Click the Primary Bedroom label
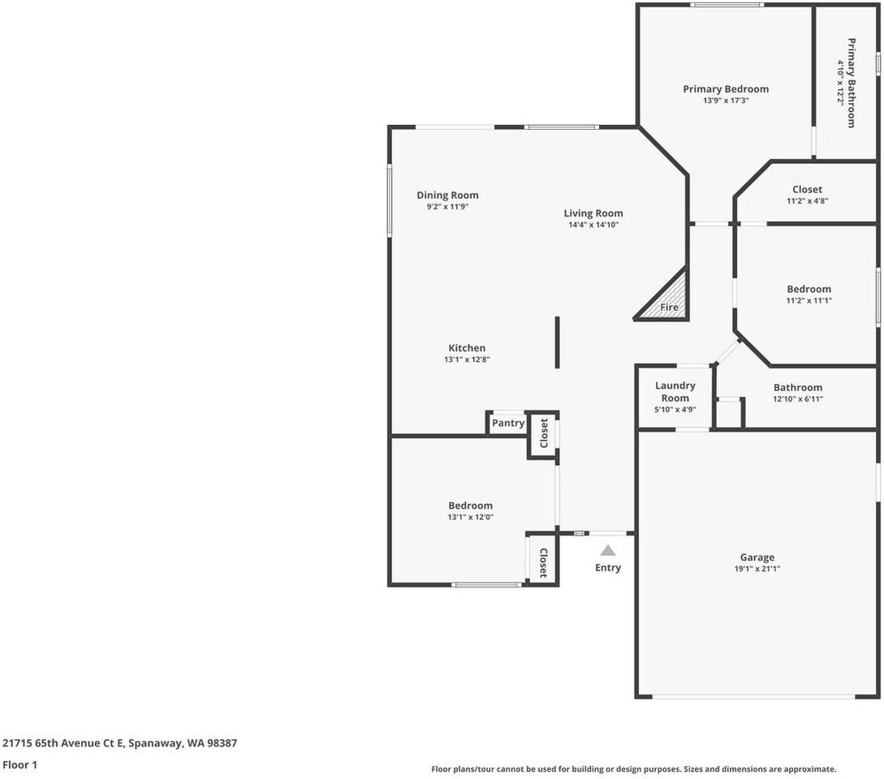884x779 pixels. point(725,89)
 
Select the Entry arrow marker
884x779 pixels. point(608,550)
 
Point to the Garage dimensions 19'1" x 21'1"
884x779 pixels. point(757,569)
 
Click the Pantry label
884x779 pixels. point(508,424)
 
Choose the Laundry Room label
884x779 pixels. point(675,391)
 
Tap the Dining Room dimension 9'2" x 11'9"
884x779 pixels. point(447,207)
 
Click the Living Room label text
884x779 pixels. point(593,213)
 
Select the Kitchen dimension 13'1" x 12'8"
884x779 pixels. point(467,359)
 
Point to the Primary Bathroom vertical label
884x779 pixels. point(852,82)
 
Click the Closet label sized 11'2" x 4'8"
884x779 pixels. point(807,190)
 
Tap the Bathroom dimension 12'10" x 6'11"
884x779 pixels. point(797,399)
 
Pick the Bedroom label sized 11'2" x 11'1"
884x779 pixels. point(809,289)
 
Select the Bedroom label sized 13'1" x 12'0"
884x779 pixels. point(470,506)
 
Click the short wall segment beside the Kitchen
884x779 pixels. point(557,342)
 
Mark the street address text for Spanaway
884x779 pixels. point(119,742)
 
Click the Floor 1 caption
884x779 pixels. point(19,764)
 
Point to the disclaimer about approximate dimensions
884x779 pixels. point(633,768)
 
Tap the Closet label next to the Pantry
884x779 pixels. point(544,433)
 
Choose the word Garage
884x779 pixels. point(757,557)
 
